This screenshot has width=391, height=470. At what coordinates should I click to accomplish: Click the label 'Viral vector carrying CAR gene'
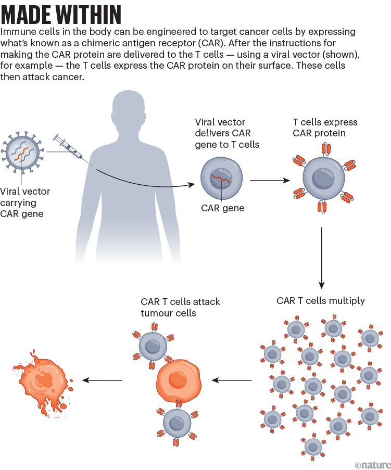click(26, 202)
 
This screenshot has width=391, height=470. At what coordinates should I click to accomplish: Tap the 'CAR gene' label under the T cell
click(222, 209)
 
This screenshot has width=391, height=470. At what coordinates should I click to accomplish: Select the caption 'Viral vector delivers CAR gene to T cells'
click(226, 133)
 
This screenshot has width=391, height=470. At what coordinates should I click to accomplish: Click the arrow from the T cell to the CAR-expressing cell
click(270, 181)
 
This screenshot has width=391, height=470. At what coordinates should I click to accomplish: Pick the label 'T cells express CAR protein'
click(325, 128)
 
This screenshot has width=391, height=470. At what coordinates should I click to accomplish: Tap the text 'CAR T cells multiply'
click(321, 300)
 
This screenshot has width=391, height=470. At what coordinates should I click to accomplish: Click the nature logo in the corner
click(371, 463)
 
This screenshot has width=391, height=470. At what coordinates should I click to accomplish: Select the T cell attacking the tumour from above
click(155, 344)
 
